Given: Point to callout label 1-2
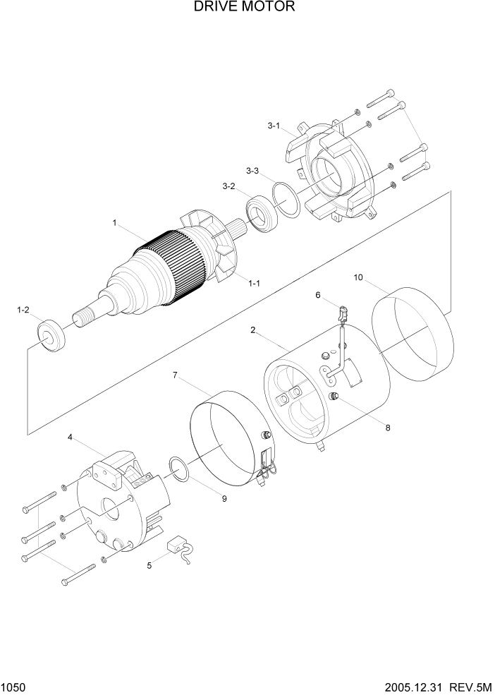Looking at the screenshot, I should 23,310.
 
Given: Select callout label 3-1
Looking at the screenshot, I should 274,126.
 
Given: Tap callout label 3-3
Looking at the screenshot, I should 252,171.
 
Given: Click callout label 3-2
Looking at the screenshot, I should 228,186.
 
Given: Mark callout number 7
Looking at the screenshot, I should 174,375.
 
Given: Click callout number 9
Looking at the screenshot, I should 224,498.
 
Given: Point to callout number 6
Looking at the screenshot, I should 317,294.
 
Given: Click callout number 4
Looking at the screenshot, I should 70,437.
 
